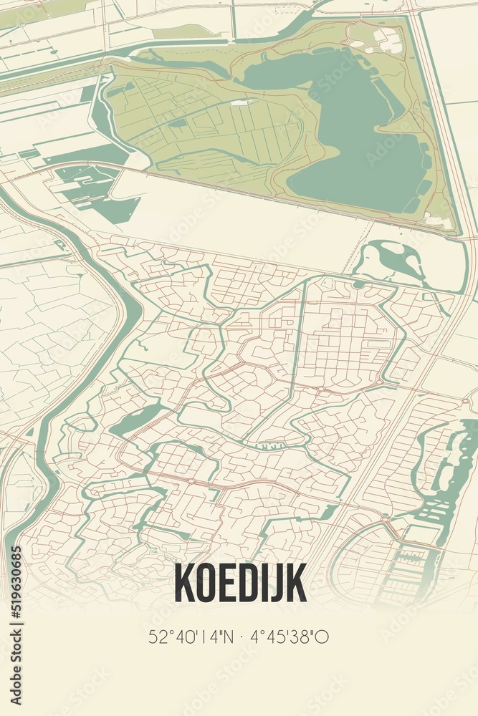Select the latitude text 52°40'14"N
click(190, 636)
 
